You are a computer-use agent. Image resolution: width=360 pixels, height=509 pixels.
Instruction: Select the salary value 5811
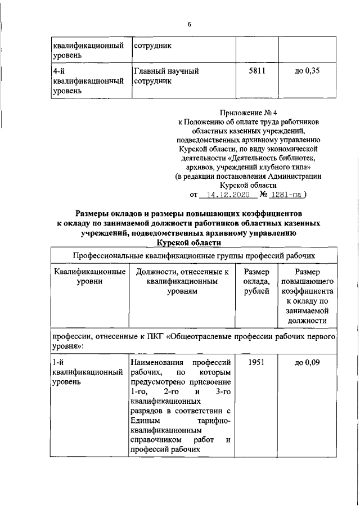pos(256,71)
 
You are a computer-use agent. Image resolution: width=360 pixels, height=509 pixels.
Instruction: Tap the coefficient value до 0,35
pos(307,71)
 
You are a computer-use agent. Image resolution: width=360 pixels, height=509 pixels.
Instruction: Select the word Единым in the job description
pos(145,420)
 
